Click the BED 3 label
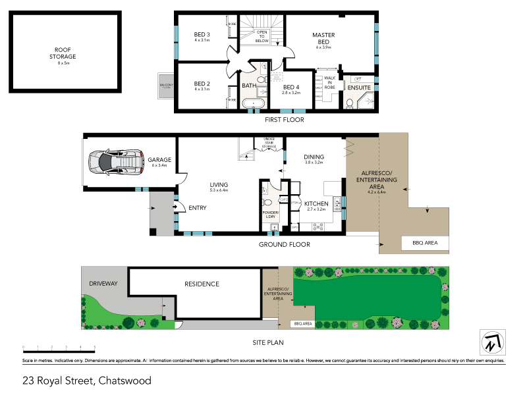[x=202, y=35]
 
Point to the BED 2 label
[x=202, y=84]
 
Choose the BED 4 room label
[x=291, y=88]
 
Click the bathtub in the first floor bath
[x=254, y=103]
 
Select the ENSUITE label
[x=359, y=88]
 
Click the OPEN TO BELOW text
[x=262, y=36]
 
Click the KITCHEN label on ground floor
[x=316, y=204]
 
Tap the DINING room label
[x=314, y=157]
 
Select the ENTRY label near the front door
[x=197, y=208]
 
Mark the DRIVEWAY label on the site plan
[x=103, y=283]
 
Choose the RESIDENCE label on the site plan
[x=201, y=284]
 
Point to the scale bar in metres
[x=59, y=346]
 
